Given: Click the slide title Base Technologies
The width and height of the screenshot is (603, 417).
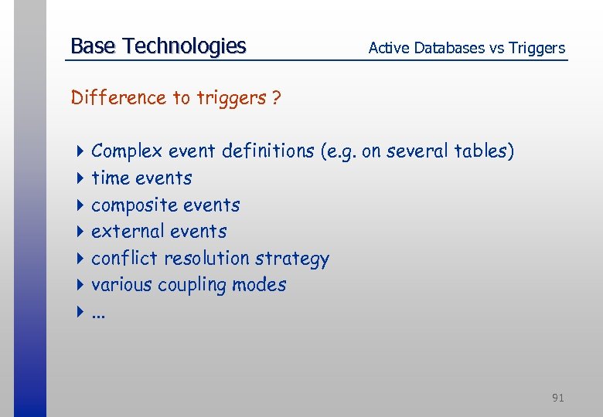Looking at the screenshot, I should click(x=158, y=46).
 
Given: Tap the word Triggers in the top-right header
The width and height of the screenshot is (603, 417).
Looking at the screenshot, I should click(x=536, y=48).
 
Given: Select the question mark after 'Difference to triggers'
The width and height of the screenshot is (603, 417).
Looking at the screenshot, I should click(x=276, y=98).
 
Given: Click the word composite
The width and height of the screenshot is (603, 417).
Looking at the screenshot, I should click(x=131, y=205).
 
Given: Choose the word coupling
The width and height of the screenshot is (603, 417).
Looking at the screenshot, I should click(x=189, y=286).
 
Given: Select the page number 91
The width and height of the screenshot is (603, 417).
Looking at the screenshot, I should click(x=557, y=398).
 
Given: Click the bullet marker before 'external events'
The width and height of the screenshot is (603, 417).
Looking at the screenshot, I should click(x=80, y=232).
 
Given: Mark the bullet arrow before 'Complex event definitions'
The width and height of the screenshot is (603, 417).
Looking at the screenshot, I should click(x=80, y=151).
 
